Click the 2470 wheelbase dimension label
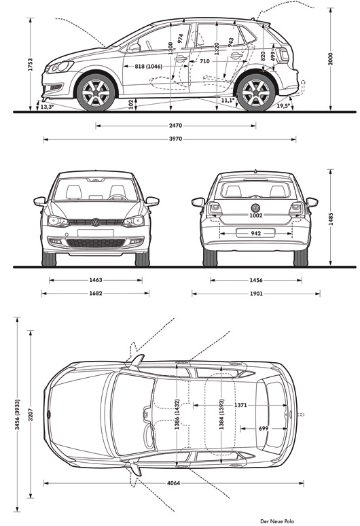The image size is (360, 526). pos(175,126)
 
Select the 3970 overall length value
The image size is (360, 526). pos(175,139)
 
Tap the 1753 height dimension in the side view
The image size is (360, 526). pos(31,65)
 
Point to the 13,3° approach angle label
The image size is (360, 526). pos(47,107)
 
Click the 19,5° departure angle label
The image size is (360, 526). pos(283,105)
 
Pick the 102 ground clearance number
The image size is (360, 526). pos(131,104)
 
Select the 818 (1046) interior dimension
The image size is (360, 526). pos(148,67)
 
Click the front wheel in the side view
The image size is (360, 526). pos(96,92)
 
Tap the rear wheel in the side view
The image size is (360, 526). pos(256,92)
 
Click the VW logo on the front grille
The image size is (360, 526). pos(96,222)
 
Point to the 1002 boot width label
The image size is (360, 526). pos(256,215)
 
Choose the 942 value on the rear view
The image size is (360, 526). pos(256,234)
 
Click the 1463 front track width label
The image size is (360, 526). pos(96,280)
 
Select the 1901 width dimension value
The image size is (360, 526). pos(256,294)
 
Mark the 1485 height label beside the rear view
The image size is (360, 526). pos(331,219)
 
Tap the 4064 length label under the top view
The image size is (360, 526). pos(173,483)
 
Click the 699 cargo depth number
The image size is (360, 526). pos(264,428)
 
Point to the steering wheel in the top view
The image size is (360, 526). pos(149,436)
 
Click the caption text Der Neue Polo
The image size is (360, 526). pos(277,521)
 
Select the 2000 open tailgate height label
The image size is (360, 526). pos(331,59)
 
